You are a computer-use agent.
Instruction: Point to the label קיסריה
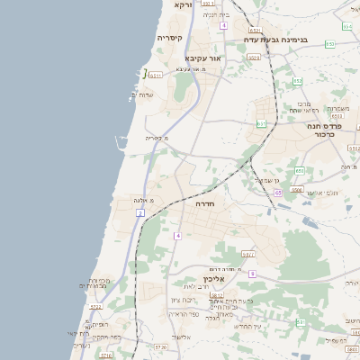click(170, 38)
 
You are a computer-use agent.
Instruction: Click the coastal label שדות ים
click(146, 94)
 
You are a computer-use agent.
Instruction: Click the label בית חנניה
click(216, 14)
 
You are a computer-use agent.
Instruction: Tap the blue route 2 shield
click(140, 212)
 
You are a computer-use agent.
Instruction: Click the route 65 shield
click(278, 193)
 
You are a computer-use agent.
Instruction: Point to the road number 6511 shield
click(156, 76)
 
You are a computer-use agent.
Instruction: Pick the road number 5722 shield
click(95, 306)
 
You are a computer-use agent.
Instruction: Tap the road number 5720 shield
click(161, 346)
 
